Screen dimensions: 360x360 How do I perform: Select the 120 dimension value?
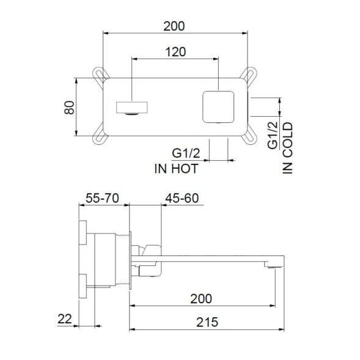pyautogui.click(x=175, y=52)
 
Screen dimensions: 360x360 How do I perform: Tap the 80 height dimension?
pyautogui.click(x=68, y=108)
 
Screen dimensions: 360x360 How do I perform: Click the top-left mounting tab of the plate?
pyautogui.click(x=99, y=75)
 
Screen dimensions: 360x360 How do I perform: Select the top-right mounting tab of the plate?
pyautogui.click(x=249, y=75)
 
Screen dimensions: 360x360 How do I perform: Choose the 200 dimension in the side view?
pyautogui.click(x=201, y=298)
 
